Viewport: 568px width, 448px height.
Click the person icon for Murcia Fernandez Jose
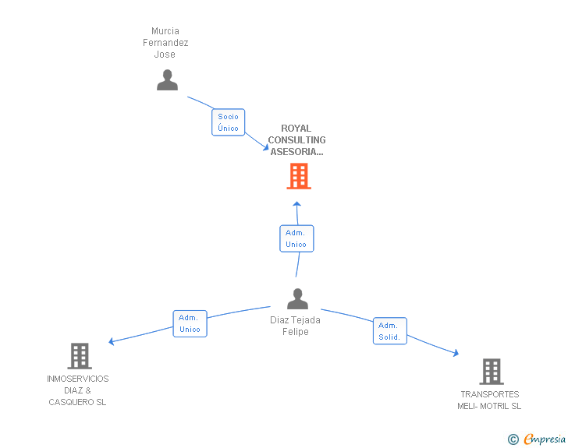[167, 80]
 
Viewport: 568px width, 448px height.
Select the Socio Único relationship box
[228, 122]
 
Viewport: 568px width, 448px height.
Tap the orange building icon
[299, 176]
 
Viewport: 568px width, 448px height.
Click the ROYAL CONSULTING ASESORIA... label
[296, 140]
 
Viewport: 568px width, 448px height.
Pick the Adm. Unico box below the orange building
[296, 238]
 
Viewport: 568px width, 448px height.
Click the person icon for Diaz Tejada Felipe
[297, 298]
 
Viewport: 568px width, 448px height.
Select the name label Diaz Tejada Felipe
[295, 326]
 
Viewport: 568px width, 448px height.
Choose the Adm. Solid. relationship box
[390, 331]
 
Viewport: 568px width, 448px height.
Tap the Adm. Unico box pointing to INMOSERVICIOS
[190, 323]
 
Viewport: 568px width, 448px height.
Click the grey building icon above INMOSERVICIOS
[80, 356]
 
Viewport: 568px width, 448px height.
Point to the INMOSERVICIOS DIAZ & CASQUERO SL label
[77, 390]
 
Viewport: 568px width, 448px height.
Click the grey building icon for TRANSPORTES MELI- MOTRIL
[492, 372]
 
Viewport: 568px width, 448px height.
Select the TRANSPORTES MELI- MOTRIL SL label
[489, 400]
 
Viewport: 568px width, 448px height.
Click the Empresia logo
[545, 439]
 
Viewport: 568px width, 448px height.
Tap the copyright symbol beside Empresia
[513, 439]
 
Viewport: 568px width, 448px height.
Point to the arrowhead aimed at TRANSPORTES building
[456, 352]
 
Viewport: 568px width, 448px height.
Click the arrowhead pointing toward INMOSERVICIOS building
[112, 341]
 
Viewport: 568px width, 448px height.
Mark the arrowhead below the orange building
[297, 204]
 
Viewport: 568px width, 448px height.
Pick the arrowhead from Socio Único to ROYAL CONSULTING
[266, 147]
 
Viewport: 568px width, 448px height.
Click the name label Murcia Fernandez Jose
[165, 43]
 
